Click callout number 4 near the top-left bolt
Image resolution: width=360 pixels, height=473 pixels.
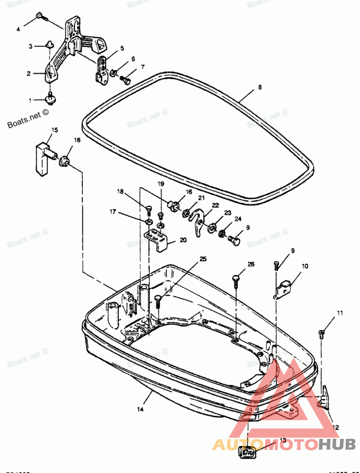coord(18,30)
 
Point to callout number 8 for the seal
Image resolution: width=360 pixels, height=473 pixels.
coord(260,88)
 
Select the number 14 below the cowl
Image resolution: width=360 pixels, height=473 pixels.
coord(140,410)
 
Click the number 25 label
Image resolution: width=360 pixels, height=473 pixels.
coord(203,259)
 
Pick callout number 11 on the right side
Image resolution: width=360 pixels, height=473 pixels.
coord(340,312)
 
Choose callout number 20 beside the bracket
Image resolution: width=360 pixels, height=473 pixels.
coord(183,240)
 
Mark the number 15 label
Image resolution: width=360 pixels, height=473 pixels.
coord(54,130)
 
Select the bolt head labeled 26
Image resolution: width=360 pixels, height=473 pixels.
coord(238,279)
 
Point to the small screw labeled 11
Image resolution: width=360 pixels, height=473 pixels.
coord(322,333)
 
